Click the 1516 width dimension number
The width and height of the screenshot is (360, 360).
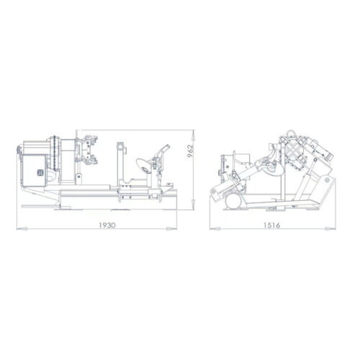271,224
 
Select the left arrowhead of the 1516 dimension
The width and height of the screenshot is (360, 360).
210,230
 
